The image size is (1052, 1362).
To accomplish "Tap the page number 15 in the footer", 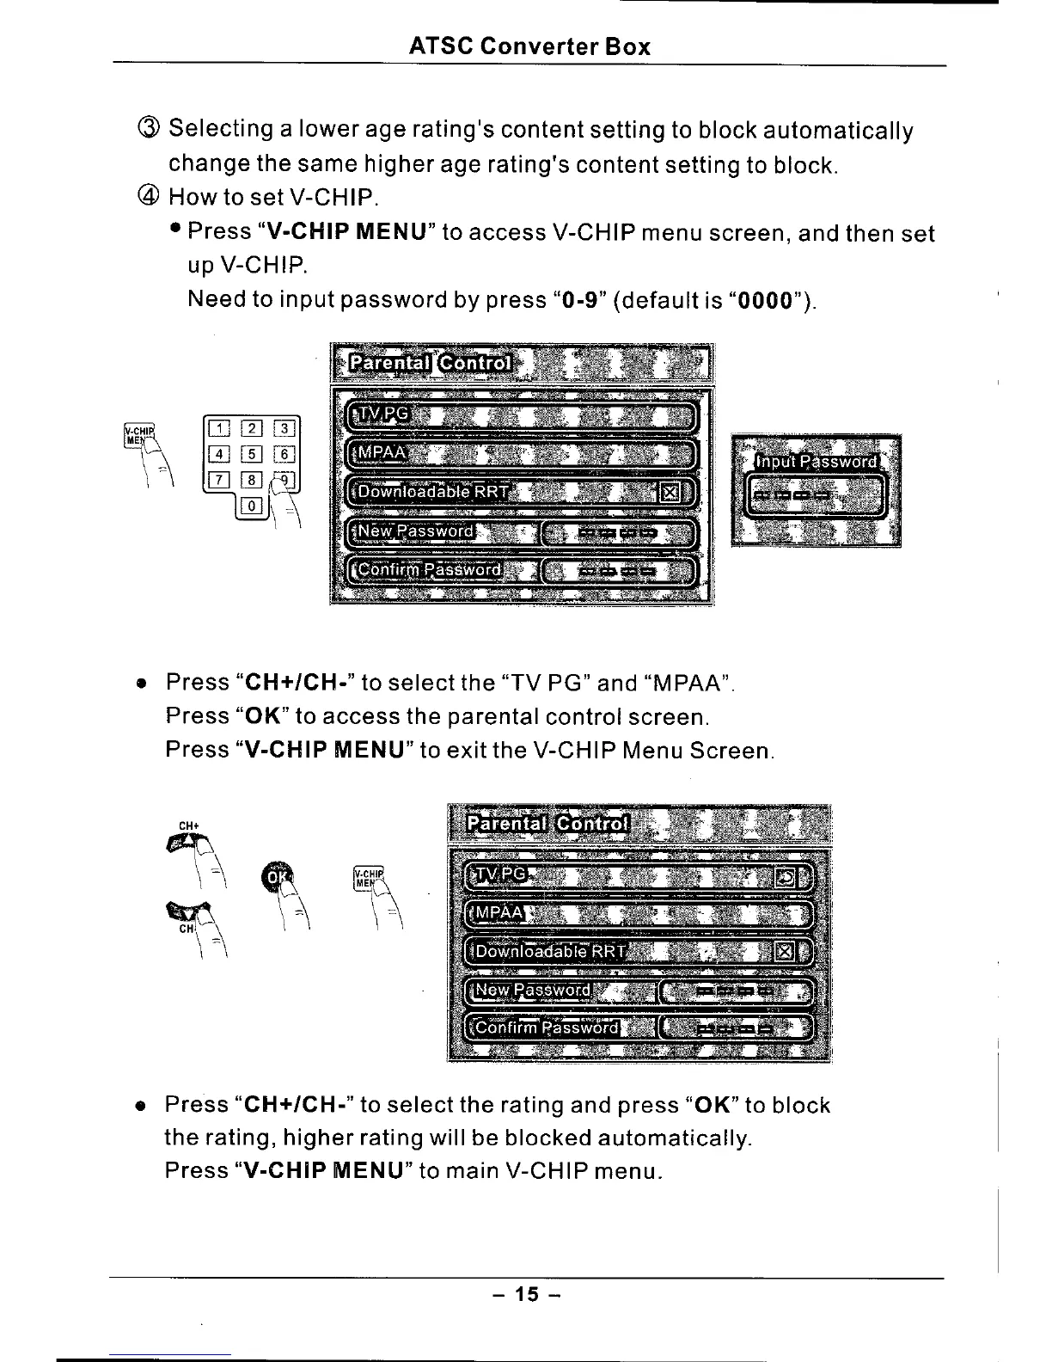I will pyautogui.click(x=526, y=1293).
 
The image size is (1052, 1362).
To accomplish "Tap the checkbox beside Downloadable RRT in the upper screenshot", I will pyautogui.click(x=670, y=493).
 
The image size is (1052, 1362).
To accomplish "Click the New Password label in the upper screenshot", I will pyautogui.click(x=417, y=531).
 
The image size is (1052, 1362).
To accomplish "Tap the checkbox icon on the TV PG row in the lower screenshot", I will pyautogui.click(x=786, y=878).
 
